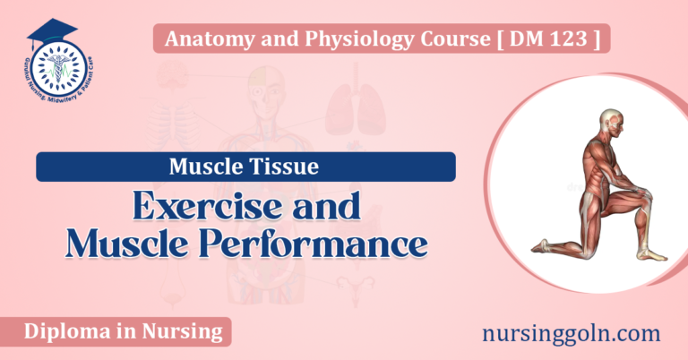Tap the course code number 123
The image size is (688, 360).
[x=572, y=39]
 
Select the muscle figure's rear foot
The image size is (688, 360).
[x=541, y=244]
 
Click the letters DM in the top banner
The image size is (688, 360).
[x=540, y=39]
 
